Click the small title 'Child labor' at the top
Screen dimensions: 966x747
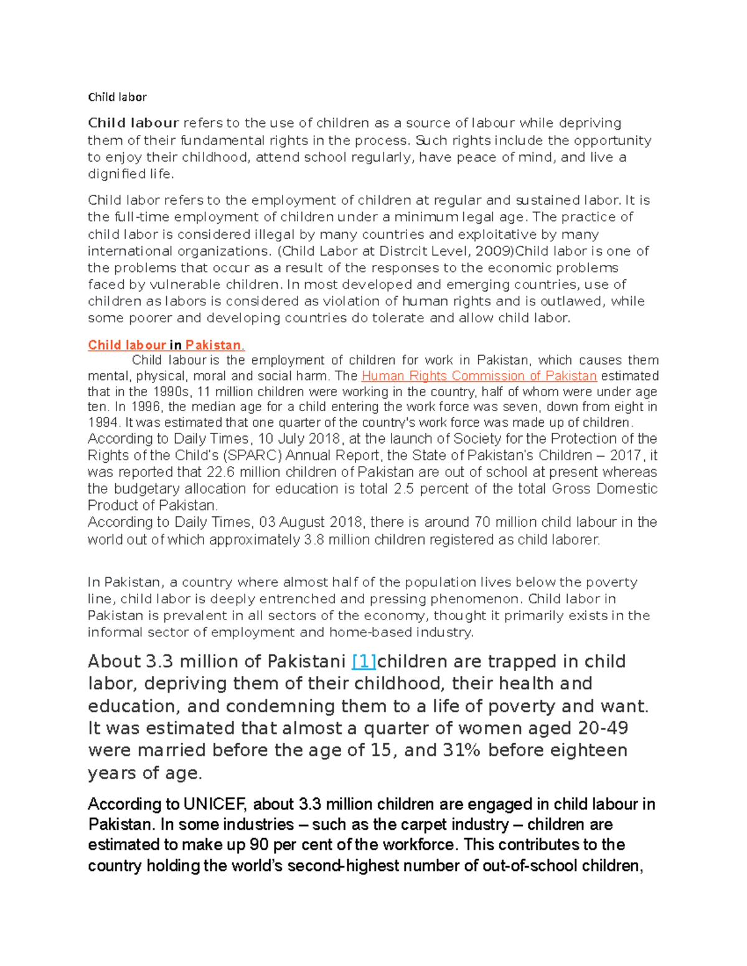point(117,97)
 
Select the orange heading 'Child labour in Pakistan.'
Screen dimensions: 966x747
point(166,345)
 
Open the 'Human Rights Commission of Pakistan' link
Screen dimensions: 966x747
point(479,376)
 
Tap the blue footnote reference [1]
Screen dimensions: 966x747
point(364,661)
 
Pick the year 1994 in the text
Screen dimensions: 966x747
point(101,423)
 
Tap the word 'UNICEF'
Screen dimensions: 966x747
point(215,805)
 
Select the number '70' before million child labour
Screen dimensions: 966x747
point(482,522)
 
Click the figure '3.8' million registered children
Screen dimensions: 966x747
point(314,540)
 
